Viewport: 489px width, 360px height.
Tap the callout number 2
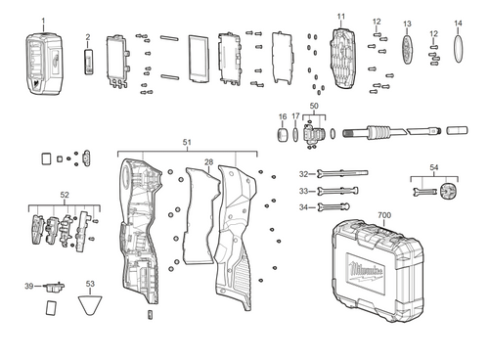click(87, 37)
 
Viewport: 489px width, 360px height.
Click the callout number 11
click(340, 18)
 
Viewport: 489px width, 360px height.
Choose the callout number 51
click(187, 143)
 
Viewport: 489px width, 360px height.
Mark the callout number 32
click(304, 174)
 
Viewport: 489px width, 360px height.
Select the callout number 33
click(304, 191)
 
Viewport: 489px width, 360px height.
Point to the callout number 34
click(304, 207)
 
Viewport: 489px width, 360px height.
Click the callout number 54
click(433, 168)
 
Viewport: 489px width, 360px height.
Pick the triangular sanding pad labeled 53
click(91, 308)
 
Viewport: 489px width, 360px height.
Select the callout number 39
click(29, 286)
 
